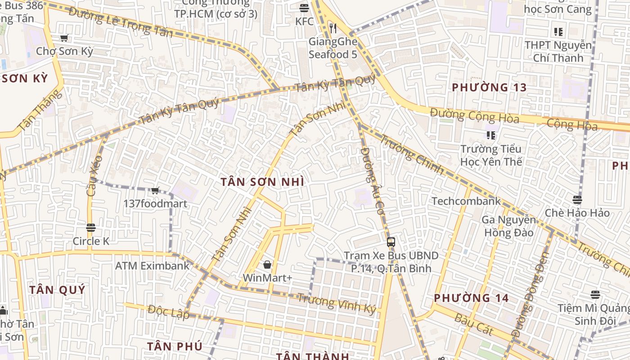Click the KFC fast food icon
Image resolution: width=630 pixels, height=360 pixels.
[304, 8]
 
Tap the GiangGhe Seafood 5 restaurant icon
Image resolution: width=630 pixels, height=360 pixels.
[333, 29]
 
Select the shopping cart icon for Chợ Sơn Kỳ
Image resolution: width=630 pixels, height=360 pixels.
[64, 38]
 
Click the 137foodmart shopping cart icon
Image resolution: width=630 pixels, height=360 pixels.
[155, 191]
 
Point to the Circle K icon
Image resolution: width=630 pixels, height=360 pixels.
[91, 228]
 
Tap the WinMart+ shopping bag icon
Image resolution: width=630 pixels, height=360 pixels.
[267, 265]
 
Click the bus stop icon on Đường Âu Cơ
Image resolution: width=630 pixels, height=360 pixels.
[391, 242]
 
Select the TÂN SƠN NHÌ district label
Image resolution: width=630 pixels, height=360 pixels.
[262, 182]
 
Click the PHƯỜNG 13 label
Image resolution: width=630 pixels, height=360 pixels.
[489, 87]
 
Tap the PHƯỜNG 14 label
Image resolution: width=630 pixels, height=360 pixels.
[471, 298]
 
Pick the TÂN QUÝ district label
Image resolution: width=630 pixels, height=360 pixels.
[57, 290]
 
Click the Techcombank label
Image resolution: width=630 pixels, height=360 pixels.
[466, 201]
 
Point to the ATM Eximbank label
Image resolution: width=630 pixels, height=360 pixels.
[153, 265]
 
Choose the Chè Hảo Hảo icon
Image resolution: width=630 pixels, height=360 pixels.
[577, 200]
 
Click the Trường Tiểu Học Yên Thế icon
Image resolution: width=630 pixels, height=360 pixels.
[491, 135]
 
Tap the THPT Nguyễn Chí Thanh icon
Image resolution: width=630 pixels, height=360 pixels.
[558, 32]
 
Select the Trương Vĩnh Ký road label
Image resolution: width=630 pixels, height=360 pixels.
[336, 304]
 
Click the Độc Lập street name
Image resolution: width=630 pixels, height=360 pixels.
[168, 311]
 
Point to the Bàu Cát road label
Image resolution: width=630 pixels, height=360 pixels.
[474, 324]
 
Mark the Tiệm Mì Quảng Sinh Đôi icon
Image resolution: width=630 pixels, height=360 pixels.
[595, 295]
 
